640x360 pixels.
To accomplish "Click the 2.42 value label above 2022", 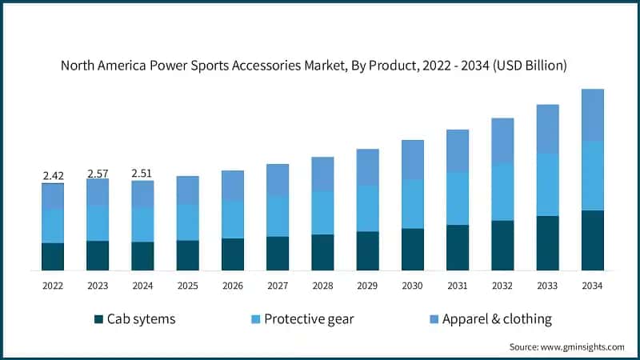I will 53,175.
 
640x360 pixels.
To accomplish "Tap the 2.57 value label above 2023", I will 98,173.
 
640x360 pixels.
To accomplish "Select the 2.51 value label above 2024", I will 142,174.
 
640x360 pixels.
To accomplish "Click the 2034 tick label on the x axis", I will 592,286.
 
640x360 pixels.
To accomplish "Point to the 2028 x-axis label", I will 322,286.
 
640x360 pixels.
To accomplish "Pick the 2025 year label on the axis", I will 187,286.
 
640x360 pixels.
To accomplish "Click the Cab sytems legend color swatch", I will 99,319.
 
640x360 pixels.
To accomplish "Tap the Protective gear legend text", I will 309,319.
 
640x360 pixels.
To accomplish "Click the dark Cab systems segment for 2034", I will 592,240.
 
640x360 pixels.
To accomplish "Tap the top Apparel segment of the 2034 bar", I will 592,115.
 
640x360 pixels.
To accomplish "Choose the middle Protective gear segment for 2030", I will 412,204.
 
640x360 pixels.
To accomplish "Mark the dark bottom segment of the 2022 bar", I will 53,256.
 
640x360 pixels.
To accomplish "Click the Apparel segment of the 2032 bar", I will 502,141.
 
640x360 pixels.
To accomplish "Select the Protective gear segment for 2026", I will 233,218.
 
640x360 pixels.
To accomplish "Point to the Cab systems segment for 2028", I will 322,252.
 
